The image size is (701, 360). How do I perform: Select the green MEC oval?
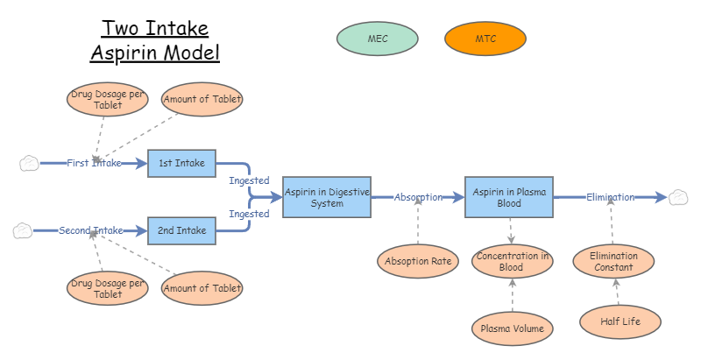click(x=377, y=39)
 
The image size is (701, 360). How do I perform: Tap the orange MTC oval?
click(x=485, y=39)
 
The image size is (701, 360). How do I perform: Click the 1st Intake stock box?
click(x=181, y=163)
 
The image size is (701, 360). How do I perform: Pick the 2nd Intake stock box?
click(x=181, y=231)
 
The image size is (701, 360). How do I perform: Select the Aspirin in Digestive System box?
click(x=326, y=197)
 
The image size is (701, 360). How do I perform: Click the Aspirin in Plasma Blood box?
click(x=509, y=197)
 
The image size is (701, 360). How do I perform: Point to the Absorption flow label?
click(x=418, y=197)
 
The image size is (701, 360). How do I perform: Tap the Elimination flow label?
click(x=610, y=197)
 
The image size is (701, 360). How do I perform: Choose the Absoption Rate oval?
click(x=418, y=260)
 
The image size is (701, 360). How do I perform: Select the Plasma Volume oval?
click(x=512, y=329)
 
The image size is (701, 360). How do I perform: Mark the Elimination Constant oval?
click(x=613, y=262)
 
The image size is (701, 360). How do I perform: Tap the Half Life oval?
click(x=620, y=321)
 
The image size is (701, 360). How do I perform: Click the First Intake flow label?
click(x=94, y=163)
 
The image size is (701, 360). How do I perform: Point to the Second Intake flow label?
click(x=91, y=231)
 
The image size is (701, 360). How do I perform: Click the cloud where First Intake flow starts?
click(x=29, y=163)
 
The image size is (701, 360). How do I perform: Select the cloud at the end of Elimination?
click(x=678, y=197)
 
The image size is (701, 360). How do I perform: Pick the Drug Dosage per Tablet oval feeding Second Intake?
click(x=108, y=288)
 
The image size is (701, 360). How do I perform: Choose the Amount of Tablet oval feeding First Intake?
click(x=202, y=99)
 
